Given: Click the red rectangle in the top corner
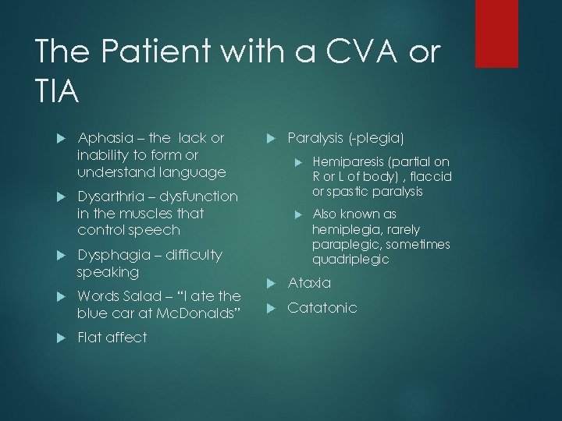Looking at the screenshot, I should coord(496,33).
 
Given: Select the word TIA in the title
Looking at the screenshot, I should coord(57,93).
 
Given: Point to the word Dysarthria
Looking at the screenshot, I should coord(114,196).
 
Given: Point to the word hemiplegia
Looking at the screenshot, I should coord(345,229).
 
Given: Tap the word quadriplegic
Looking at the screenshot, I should coord(350,260).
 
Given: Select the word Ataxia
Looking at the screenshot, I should coord(310,282).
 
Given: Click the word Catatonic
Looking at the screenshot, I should coord(322,308).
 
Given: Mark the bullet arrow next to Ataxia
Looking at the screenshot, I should coord(271,283).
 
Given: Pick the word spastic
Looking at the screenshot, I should coord(347,191).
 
